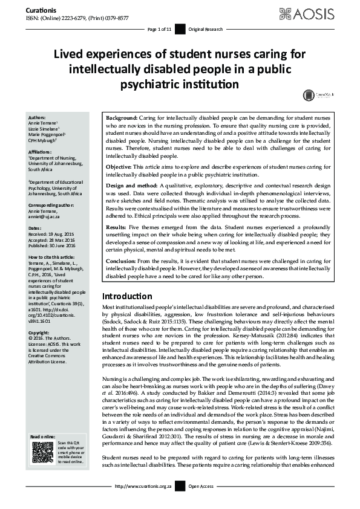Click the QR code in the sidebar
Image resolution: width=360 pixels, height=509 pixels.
[42, 452]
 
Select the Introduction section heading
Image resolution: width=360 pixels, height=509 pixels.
[126, 296]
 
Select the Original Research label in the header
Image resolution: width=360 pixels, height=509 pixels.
[206, 29]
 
